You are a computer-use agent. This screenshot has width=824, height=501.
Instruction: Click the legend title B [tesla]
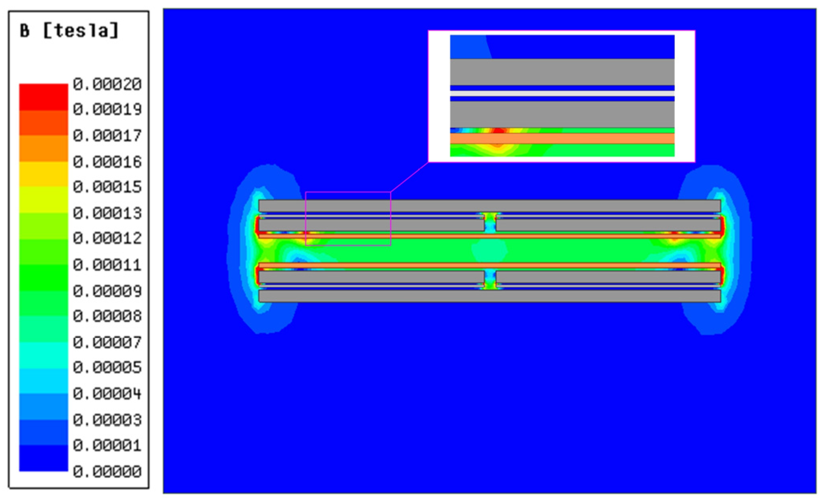click(x=69, y=31)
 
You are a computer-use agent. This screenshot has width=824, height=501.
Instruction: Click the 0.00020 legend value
click(x=107, y=84)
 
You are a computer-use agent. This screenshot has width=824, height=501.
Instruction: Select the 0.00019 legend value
click(x=107, y=109)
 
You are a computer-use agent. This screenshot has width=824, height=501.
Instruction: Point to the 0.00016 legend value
click(x=107, y=162)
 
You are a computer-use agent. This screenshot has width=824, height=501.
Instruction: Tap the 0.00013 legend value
click(x=107, y=213)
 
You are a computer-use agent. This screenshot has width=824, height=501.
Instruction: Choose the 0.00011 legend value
click(x=107, y=264)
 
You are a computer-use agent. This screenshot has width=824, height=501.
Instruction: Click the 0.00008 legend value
click(x=107, y=316)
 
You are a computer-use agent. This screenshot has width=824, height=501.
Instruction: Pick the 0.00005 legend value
click(x=107, y=367)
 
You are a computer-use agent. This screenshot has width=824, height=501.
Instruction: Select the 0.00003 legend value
click(x=107, y=420)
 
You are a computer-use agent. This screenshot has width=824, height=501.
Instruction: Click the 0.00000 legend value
click(x=107, y=471)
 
